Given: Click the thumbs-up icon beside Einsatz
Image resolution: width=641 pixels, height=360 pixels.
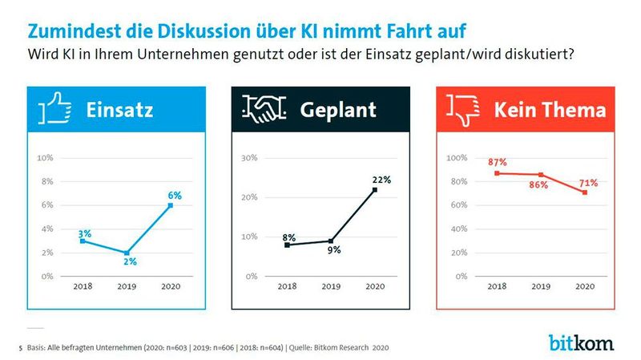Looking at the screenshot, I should click(54, 107).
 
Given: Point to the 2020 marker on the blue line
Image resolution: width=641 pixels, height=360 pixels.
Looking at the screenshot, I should click(170, 205).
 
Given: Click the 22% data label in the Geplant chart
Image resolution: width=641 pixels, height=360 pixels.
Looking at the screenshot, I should click(381, 180).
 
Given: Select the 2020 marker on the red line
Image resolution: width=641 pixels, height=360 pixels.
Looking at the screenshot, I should click(585, 192).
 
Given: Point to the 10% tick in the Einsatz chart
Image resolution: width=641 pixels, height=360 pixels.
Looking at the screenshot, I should click(46, 158).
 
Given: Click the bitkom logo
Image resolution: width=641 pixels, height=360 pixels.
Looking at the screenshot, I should click(582, 342).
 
